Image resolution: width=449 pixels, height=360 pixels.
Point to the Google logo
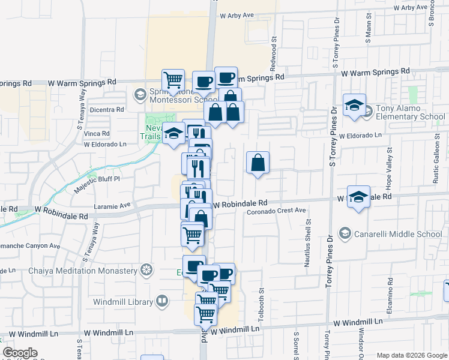click(x=20, y=353)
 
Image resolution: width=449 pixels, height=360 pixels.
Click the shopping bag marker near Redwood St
click(x=258, y=163)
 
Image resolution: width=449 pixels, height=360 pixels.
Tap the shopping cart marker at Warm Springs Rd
click(x=173, y=80)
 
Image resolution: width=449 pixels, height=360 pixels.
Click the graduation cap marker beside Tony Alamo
click(x=355, y=105)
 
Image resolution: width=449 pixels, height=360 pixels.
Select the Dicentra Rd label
click(x=106, y=110)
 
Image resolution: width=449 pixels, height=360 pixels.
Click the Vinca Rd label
click(x=97, y=133)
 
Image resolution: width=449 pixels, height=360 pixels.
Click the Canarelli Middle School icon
click(x=345, y=233)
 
